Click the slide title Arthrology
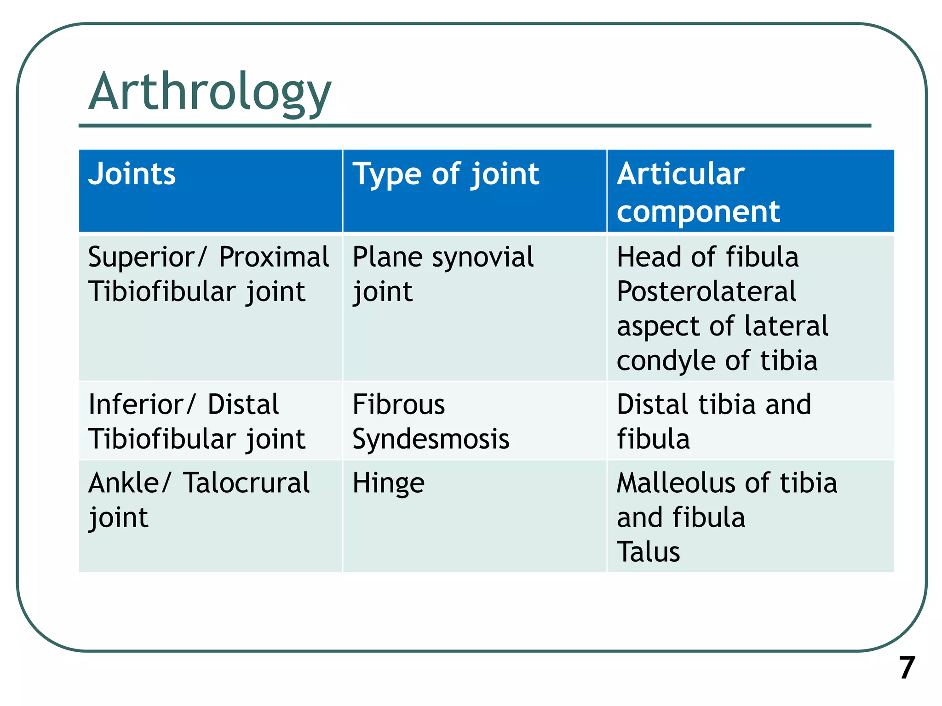coord(210,92)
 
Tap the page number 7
coord(907,668)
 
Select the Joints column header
coord(132,174)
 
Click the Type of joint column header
coord(445,175)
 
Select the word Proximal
coord(274,257)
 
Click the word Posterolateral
coord(706,292)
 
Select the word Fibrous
coord(398,404)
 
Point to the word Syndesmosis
coord(431,439)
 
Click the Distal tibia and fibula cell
coord(713,421)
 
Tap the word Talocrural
coord(246,483)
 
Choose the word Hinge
coord(388,484)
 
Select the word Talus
coord(648,552)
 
